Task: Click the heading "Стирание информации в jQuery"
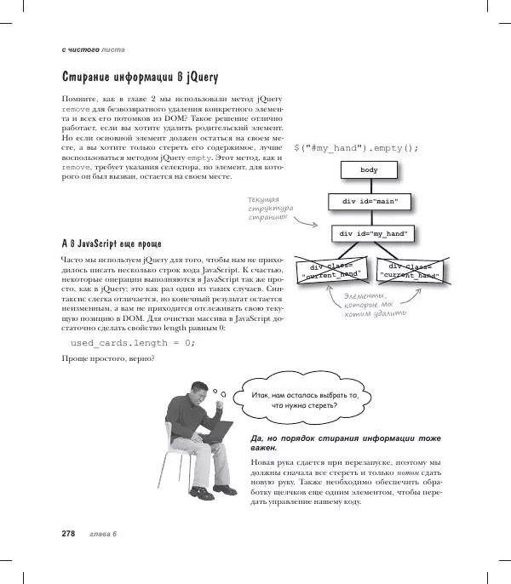click(140, 77)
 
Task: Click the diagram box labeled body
click(369, 170)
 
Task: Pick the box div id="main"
click(369, 202)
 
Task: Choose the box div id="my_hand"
click(373, 233)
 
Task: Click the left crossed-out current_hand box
click(331, 270)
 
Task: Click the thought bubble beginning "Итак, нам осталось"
click(304, 399)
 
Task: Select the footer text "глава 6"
click(102, 534)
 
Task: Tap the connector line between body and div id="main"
click(369, 186)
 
